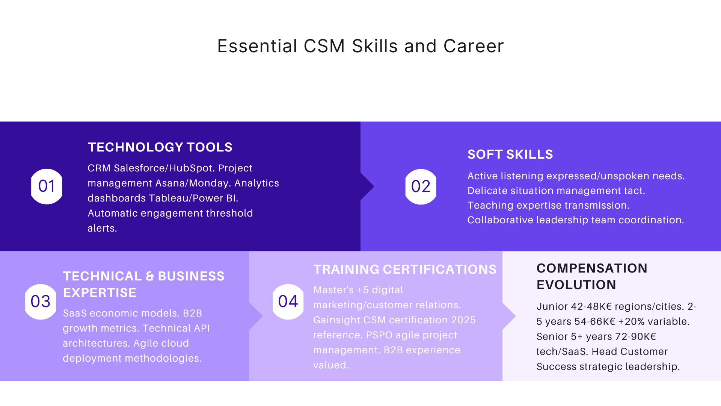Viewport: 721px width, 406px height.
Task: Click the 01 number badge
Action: click(47, 186)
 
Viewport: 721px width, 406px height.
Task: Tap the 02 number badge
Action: click(421, 186)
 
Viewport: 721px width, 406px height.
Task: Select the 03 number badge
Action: click(41, 301)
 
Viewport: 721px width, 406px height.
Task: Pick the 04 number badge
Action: click(288, 301)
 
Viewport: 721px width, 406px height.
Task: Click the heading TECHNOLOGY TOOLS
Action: click(160, 147)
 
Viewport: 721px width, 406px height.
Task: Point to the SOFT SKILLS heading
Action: click(510, 155)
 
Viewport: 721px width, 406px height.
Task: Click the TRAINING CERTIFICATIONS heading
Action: click(405, 270)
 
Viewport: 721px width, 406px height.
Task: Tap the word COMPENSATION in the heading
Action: click(592, 268)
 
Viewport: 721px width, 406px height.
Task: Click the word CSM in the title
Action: click(324, 46)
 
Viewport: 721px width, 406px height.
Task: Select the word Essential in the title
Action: click(257, 46)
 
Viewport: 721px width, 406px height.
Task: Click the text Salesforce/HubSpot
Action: click(164, 168)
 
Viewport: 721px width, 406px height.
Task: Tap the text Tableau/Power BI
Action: click(193, 198)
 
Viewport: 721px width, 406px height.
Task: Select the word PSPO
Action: click(379, 335)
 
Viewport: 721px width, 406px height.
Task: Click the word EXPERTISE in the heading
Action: click(100, 293)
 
